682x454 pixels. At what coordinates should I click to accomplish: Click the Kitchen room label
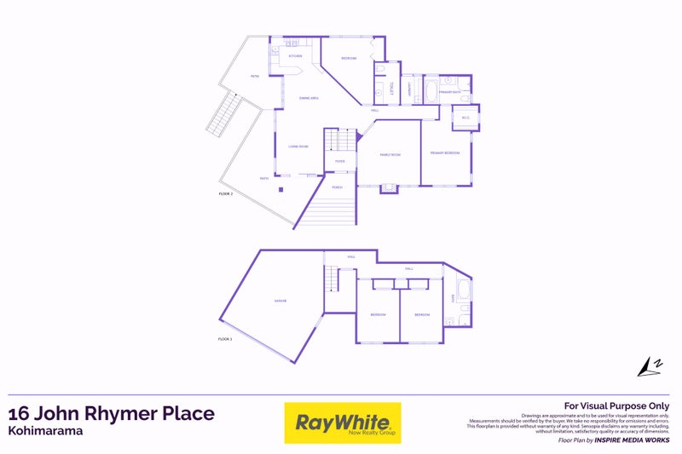pos(295,56)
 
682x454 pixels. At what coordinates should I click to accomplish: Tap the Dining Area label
pos(309,99)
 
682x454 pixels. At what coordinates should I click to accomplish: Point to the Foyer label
pos(339,161)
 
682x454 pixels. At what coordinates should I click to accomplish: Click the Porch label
pos(338,187)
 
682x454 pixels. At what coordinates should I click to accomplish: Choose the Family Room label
pos(389,153)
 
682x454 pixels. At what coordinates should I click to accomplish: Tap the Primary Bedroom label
pos(444,152)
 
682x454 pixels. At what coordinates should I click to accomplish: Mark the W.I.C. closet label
pos(465,118)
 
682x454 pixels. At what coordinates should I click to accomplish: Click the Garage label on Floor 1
pos(280,302)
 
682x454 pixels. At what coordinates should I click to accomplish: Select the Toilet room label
pos(390,88)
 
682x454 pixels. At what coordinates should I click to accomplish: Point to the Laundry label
pos(410,88)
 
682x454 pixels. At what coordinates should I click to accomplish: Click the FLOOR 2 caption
pos(226,194)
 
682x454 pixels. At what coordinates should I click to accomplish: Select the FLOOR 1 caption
pos(226,339)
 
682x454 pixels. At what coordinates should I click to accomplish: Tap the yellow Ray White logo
pos(342,423)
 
